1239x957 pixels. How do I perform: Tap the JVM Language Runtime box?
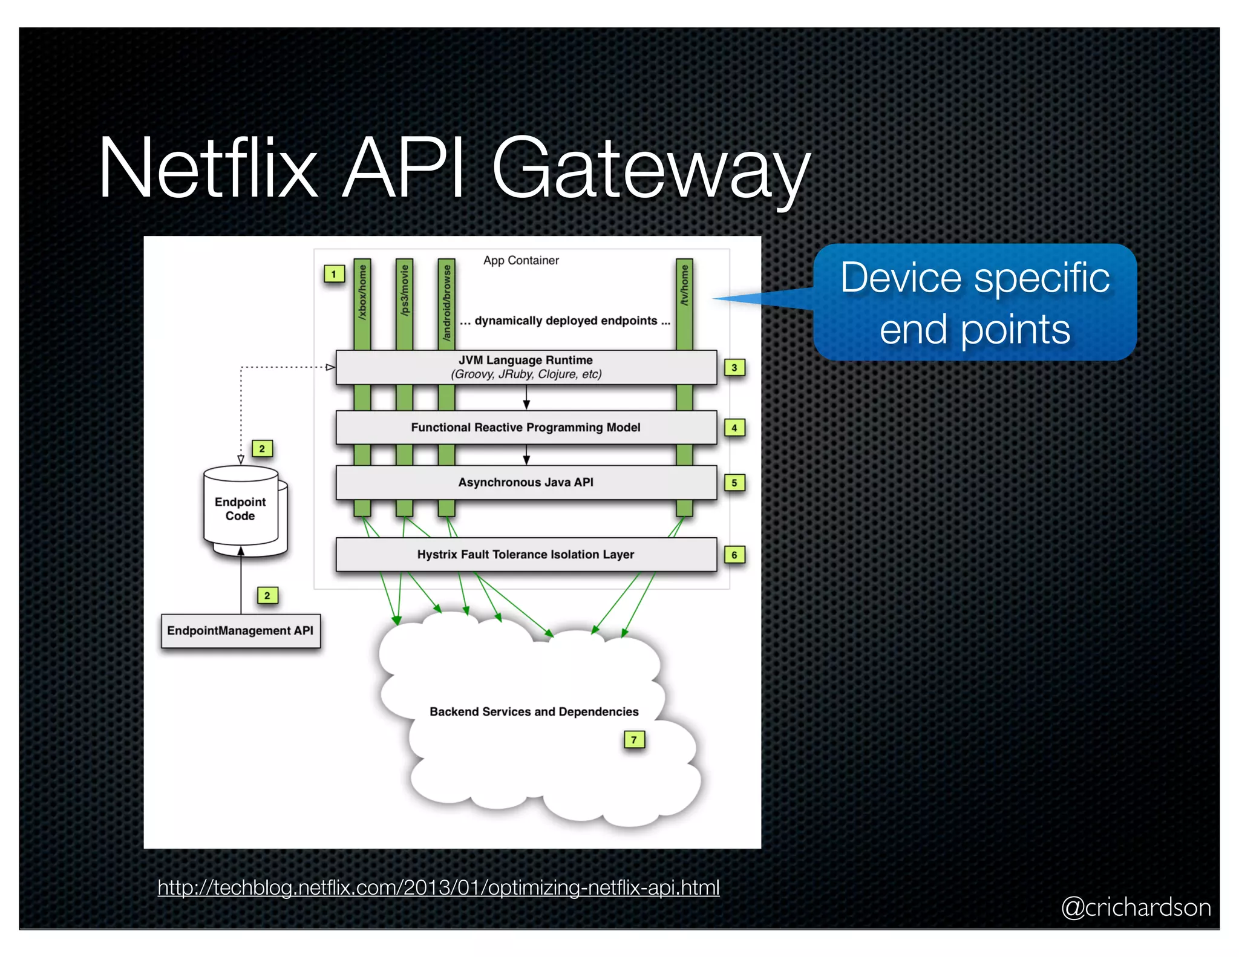pos(526,367)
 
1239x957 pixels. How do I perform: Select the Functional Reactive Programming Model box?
pos(526,428)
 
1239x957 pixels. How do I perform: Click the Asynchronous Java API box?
pos(526,482)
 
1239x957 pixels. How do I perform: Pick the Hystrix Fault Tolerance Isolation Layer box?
pos(526,554)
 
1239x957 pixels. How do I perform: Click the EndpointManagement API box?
pos(240,630)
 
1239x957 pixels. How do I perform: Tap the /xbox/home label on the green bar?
pos(362,292)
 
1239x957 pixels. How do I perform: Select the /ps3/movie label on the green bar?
pos(405,290)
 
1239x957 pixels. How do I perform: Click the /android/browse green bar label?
pos(446,302)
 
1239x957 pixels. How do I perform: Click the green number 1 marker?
pos(334,274)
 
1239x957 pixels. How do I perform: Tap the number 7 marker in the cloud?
pos(634,739)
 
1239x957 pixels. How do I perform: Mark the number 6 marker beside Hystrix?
pos(734,555)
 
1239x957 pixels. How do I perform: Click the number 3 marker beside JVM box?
pos(734,367)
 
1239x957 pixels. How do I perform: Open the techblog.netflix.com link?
pos(439,887)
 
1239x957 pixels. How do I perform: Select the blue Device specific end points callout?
pos(975,303)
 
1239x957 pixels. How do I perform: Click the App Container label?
pos(521,260)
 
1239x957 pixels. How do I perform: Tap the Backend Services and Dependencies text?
pos(534,711)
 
